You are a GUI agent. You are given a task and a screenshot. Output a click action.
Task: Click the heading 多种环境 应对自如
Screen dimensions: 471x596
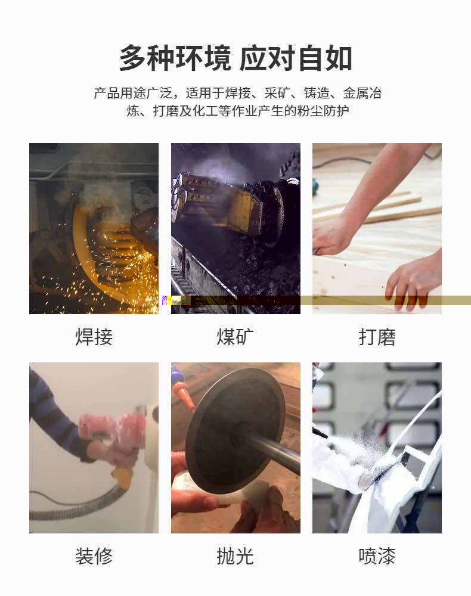click(235, 58)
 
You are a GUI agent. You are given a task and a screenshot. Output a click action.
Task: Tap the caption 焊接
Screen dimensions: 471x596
click(94, 337)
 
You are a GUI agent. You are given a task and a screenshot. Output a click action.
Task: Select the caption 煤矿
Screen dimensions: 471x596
click(235, 337)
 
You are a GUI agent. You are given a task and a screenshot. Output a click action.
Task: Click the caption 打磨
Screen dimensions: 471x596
click(377, 337)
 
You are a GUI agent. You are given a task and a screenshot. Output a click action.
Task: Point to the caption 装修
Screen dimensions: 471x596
click(94, 556)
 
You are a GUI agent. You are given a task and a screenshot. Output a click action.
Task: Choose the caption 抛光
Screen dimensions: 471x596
click(235, 556)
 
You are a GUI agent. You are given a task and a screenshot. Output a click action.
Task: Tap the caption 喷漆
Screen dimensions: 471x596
click(377, 556)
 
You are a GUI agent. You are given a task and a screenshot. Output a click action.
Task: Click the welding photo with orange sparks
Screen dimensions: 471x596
click(94, 228)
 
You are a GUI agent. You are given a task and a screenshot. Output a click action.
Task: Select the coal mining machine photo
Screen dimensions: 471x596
click(235, 228)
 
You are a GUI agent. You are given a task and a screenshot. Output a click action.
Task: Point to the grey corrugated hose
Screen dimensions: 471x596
click(76, 505)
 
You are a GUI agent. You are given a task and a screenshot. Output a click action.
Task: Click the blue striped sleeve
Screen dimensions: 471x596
click(53, 414)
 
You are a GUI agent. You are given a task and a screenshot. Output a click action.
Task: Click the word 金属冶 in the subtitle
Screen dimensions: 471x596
click(362, 93)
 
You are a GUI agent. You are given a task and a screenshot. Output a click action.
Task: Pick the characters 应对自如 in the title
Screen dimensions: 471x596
click(296, 58)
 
